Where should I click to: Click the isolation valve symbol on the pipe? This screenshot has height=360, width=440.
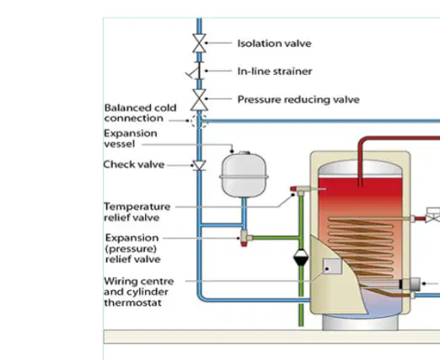coord(199,43)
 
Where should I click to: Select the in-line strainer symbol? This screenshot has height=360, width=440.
coord(196,71)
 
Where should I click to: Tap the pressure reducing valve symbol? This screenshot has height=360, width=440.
coord(199,99)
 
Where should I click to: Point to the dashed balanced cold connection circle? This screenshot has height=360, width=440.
coord(199,121)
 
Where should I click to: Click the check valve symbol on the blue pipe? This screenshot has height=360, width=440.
coord(199,165)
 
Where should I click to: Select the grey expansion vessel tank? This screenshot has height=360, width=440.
coord(244,175)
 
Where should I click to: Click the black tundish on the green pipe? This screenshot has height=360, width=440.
coord(301,257)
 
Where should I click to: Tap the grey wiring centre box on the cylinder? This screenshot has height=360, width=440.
coord(333,266)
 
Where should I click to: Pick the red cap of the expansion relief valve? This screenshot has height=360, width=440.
coord(244,244)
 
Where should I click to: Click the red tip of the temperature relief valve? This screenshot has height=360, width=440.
coord(293,189)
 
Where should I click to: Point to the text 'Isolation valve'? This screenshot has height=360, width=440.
coord(274,44)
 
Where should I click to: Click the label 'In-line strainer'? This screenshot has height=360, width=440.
coord(275,72)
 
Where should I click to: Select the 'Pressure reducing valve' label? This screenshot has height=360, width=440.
coord(298,99)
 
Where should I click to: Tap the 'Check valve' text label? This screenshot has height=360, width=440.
coord(134,164)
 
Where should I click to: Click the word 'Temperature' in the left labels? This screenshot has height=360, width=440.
coord(137,207)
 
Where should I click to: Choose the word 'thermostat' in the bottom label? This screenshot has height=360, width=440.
coord(133,303)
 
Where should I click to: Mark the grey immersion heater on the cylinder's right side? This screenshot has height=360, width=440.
coord(410,284)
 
